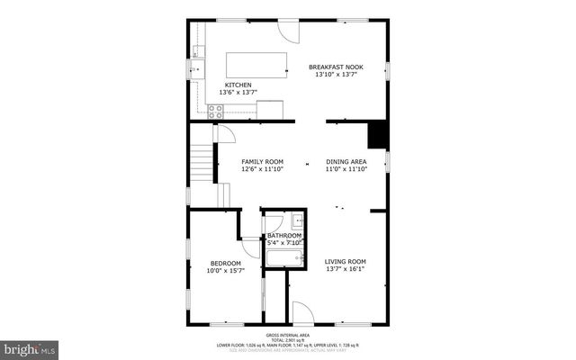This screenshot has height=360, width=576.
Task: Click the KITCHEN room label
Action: coord(226,85)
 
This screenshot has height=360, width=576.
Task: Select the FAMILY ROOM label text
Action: coord(262,162)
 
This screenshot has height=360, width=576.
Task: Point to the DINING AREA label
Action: coord(346,162)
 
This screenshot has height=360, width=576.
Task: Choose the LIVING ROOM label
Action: coord(346,262)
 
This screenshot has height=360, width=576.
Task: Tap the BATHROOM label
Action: coord(284,236)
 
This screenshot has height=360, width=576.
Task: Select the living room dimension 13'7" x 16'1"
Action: coord(346,269)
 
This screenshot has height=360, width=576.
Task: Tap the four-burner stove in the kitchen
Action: coord(216,112)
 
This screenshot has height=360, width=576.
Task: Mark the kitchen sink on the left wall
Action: coord(197,68)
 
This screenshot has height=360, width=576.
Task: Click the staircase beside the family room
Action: coord(202,165)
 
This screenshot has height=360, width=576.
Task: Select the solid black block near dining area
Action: coord(378,135)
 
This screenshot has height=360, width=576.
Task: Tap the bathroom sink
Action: coord(296,220)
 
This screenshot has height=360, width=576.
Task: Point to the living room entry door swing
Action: coord(302,313)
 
